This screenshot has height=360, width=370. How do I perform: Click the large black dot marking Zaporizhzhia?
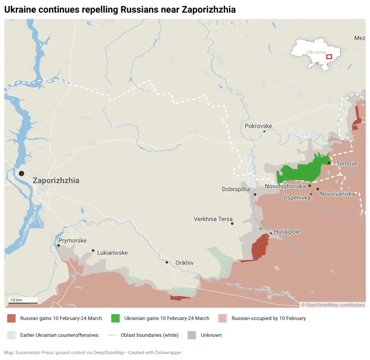point(21,173)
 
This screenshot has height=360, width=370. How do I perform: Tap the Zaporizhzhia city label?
point(56,181)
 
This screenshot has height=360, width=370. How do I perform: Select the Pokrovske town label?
point(258,126)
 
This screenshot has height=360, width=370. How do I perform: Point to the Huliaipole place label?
point(287,232)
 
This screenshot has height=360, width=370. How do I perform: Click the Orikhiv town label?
point(184,263)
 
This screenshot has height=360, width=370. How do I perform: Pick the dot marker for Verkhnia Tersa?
point(232,224)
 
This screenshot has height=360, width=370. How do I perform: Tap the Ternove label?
point(347,164)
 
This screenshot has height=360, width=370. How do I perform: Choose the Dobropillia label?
point(236,189)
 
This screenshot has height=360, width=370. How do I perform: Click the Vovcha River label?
point(302,134)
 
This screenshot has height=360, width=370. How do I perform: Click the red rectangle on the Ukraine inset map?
point(329,57)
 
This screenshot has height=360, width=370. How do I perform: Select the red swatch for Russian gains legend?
point(12,318)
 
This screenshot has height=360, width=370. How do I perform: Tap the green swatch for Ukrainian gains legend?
point(116,318)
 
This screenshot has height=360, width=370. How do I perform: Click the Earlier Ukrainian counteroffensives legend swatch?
point(12,335)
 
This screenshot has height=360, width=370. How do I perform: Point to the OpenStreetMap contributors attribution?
point(333,305)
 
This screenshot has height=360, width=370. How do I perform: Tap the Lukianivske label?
point(112,253)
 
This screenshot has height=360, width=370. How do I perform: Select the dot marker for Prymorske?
point(59,246)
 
